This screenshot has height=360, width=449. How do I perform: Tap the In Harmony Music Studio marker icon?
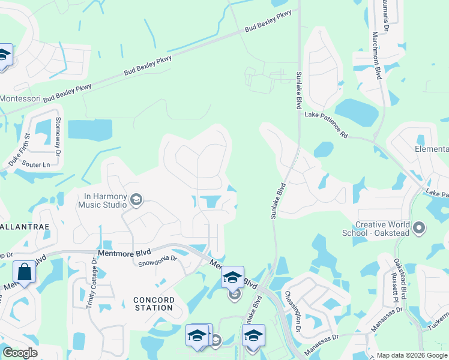(136, 200)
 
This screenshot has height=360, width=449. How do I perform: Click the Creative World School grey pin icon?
(419, 228)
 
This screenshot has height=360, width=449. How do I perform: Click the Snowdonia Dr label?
(158, 261)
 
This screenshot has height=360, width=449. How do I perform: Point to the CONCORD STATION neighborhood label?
(154, 304)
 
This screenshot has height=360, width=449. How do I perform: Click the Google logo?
(20, 353)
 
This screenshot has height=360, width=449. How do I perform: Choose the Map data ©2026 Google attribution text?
(412, 355)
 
